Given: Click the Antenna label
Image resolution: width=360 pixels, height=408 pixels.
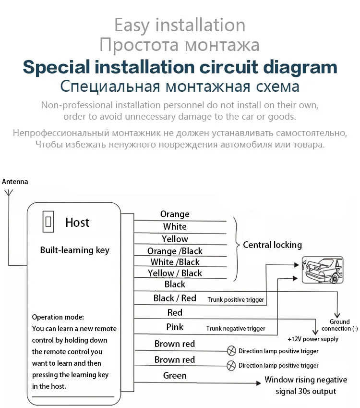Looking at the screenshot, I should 15,182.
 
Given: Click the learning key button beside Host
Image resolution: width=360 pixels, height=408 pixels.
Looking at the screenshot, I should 48,222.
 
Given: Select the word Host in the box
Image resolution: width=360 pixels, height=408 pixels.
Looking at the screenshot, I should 77,223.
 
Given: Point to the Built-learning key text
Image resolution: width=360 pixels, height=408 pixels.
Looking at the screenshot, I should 74,250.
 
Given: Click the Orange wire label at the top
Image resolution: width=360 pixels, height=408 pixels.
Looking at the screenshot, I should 175,214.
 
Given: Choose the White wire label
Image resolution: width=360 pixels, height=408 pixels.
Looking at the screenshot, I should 175,226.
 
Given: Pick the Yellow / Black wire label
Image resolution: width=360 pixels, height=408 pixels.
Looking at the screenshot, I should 175,273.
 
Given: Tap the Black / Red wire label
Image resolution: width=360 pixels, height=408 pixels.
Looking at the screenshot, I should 175,298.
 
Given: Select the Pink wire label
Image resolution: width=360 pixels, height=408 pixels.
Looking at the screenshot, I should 175,327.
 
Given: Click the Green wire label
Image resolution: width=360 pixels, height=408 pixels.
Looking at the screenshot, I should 175,375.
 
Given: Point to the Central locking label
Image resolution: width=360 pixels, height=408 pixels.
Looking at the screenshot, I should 272,245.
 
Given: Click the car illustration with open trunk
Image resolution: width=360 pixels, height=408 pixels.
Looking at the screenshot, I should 322,270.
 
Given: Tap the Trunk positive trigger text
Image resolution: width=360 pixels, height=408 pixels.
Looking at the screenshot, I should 236,299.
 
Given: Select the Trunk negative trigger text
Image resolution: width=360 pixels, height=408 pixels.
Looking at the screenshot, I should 236,329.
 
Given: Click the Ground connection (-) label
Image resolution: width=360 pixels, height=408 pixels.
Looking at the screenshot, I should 340,325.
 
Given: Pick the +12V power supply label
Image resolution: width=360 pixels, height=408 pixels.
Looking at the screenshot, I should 312,339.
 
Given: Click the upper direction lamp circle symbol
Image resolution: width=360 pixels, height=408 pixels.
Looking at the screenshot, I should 231,351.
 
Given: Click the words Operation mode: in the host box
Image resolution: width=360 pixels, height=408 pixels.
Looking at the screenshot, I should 58,317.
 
